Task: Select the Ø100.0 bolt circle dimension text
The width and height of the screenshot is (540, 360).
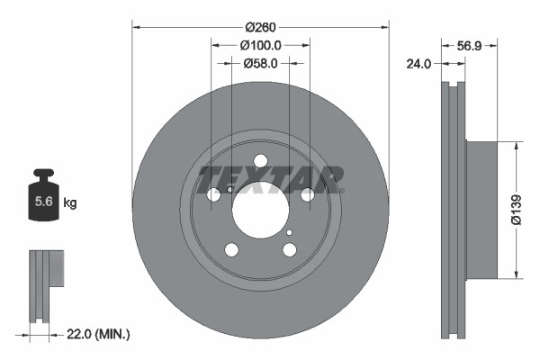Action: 261,45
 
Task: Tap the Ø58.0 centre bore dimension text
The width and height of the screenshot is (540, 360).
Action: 261,64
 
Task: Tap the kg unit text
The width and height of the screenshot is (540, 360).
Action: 69,203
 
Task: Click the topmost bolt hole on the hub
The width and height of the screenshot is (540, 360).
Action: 261,161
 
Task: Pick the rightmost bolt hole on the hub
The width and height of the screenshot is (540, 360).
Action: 307,194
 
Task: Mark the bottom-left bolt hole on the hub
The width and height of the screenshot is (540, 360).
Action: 232,250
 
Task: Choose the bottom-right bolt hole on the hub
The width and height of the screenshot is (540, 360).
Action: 289,249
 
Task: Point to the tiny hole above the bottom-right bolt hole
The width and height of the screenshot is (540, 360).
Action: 289,232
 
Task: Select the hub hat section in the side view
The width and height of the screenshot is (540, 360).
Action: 481,209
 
